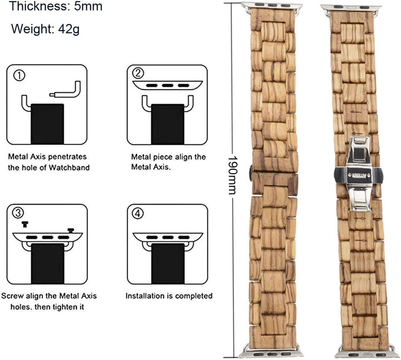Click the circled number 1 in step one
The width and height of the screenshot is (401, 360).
coord(19,75)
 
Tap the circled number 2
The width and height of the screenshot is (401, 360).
coord(138,73)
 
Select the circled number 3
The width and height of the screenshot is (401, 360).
coord(18,213)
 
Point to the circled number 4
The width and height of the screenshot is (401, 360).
coord(138,213)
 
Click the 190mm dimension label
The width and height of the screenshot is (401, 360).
coord(233,175)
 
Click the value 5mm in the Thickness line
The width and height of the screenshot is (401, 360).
coord(88,6)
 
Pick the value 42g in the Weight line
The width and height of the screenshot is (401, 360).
coord(69,29)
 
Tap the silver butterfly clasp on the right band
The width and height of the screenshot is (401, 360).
coord(359,174)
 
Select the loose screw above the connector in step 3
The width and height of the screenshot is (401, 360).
coord(25,224)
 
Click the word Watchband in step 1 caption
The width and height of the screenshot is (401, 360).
coord(69,168)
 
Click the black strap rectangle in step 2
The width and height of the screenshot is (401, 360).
coord(168,124)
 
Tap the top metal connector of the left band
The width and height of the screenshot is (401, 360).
coord(272,6)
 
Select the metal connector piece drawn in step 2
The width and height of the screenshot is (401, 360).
coord(168,85)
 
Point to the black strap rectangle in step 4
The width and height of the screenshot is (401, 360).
coord(168,264)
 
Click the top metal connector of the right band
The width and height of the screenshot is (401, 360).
coord(351,8)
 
